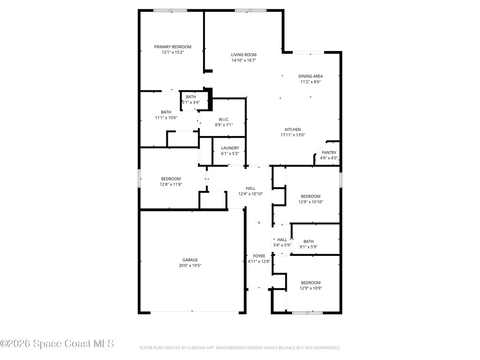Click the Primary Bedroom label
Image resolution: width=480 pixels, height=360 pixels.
pos(172,47)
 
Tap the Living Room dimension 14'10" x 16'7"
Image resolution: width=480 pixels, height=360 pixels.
pos(243,60)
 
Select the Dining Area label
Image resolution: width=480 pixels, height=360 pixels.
pos(310,76)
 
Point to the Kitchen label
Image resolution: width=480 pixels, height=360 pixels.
pos(292,129)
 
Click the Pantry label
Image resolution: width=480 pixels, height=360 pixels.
pos(329,152)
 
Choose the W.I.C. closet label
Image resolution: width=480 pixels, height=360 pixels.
pos(223,119)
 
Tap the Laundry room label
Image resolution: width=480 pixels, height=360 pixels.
pos(230,148)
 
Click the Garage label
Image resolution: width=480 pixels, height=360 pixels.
pos(190,260)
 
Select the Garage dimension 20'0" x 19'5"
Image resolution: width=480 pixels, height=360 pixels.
pos(190,265)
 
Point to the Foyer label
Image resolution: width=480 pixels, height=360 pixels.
pos(259,256)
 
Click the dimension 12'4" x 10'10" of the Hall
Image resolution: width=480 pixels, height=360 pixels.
pos(250,194)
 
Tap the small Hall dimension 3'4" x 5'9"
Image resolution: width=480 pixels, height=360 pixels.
pos(282,245)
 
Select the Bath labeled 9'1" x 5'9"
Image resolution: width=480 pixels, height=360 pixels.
pos(308,241)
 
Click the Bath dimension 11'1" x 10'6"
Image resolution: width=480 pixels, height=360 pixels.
pos(166,118)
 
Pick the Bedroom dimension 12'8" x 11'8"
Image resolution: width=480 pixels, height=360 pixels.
pos(171,184)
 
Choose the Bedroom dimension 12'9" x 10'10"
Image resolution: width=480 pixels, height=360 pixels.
pos(310,202)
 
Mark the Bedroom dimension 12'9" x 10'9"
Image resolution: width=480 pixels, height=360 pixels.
pos(310,288)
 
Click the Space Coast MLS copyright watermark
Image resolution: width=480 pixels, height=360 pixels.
pos(57,344)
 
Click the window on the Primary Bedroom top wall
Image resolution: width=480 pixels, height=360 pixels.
pos(170,10)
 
